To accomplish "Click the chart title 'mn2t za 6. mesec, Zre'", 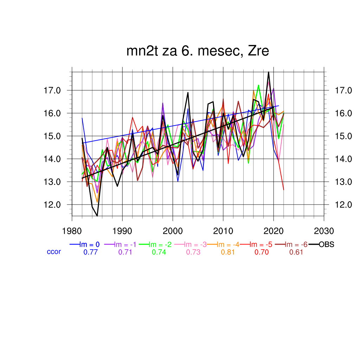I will tap(198, 51).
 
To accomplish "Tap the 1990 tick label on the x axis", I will tap(122, 231).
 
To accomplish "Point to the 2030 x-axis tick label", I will tap(324, 231).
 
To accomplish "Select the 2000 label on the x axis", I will tap(173, 231).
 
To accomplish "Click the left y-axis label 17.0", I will tap(52, 90).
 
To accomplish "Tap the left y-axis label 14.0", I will tap(52, 159).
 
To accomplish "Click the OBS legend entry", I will tap(326, 244).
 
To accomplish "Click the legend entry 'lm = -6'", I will tap(296, 244).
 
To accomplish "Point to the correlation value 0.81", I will tap(228, 252).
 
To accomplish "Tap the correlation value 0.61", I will tap(296, 252).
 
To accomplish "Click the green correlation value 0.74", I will tap(159, 252).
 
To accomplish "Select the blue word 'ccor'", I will tap(54, 252).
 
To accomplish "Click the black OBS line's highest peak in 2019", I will tap(269, 72).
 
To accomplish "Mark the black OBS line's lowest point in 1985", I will tap(97, 216).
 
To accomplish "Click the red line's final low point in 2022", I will tap(283, 190).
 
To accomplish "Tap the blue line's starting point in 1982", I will tap(82, 118).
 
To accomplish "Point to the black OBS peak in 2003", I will tap(188, 93).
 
